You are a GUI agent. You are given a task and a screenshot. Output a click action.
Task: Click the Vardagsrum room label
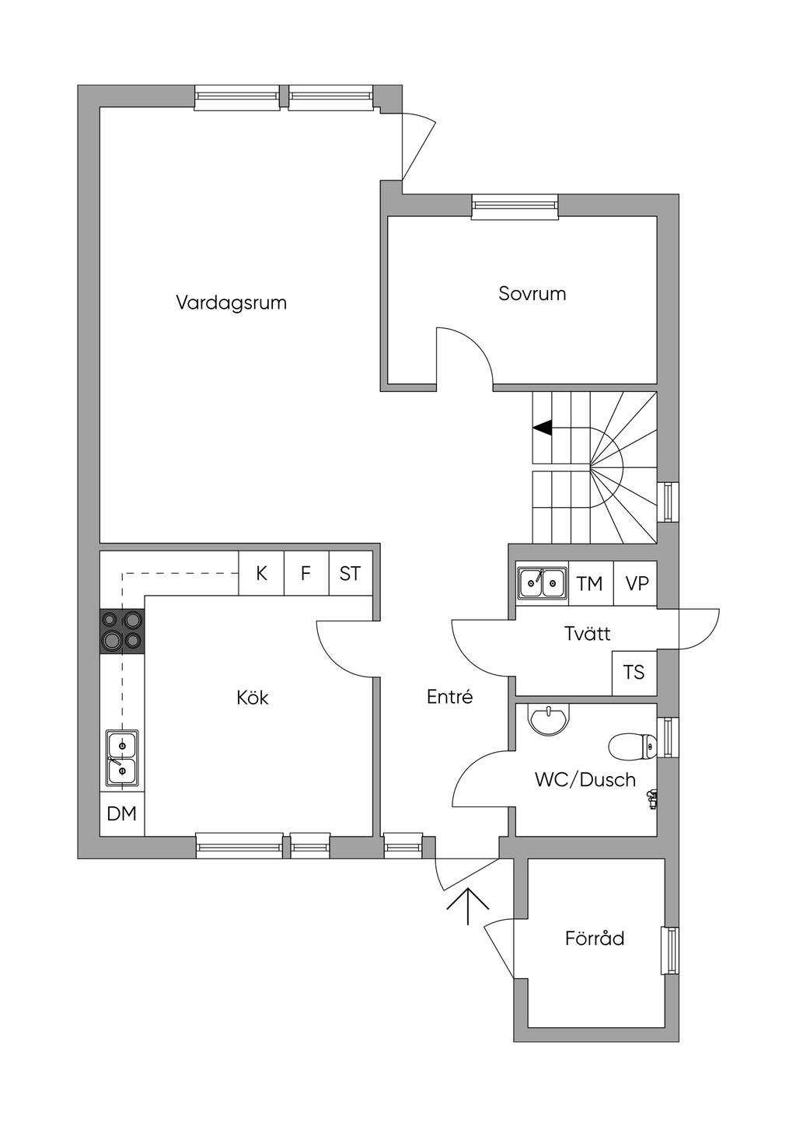231,302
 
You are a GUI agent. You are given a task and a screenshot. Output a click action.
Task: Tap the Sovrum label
532,294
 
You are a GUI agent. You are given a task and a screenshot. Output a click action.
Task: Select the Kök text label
253,698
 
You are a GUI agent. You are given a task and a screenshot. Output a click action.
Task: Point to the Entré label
449,697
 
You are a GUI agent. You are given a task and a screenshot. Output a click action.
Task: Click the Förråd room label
595,939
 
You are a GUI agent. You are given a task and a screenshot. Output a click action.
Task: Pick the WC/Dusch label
585,779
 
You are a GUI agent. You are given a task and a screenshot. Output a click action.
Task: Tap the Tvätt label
587,634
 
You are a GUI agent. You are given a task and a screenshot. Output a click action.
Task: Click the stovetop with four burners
123,629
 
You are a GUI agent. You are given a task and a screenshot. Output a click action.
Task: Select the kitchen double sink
122,758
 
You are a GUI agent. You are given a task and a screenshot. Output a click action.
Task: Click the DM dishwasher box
122,814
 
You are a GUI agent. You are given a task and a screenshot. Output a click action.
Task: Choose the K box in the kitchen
261,574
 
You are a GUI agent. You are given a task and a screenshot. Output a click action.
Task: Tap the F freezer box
306,574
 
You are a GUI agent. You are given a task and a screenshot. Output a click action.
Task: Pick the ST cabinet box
351,574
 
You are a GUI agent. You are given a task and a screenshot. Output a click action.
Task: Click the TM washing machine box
590,583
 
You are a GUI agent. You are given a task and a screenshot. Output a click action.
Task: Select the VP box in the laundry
637,583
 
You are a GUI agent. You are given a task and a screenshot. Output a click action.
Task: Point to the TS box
634,672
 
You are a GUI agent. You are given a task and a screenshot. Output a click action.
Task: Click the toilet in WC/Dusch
630,747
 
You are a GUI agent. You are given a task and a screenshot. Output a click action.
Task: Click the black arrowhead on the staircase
543,427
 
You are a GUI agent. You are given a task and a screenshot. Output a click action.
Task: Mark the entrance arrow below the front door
468,905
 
